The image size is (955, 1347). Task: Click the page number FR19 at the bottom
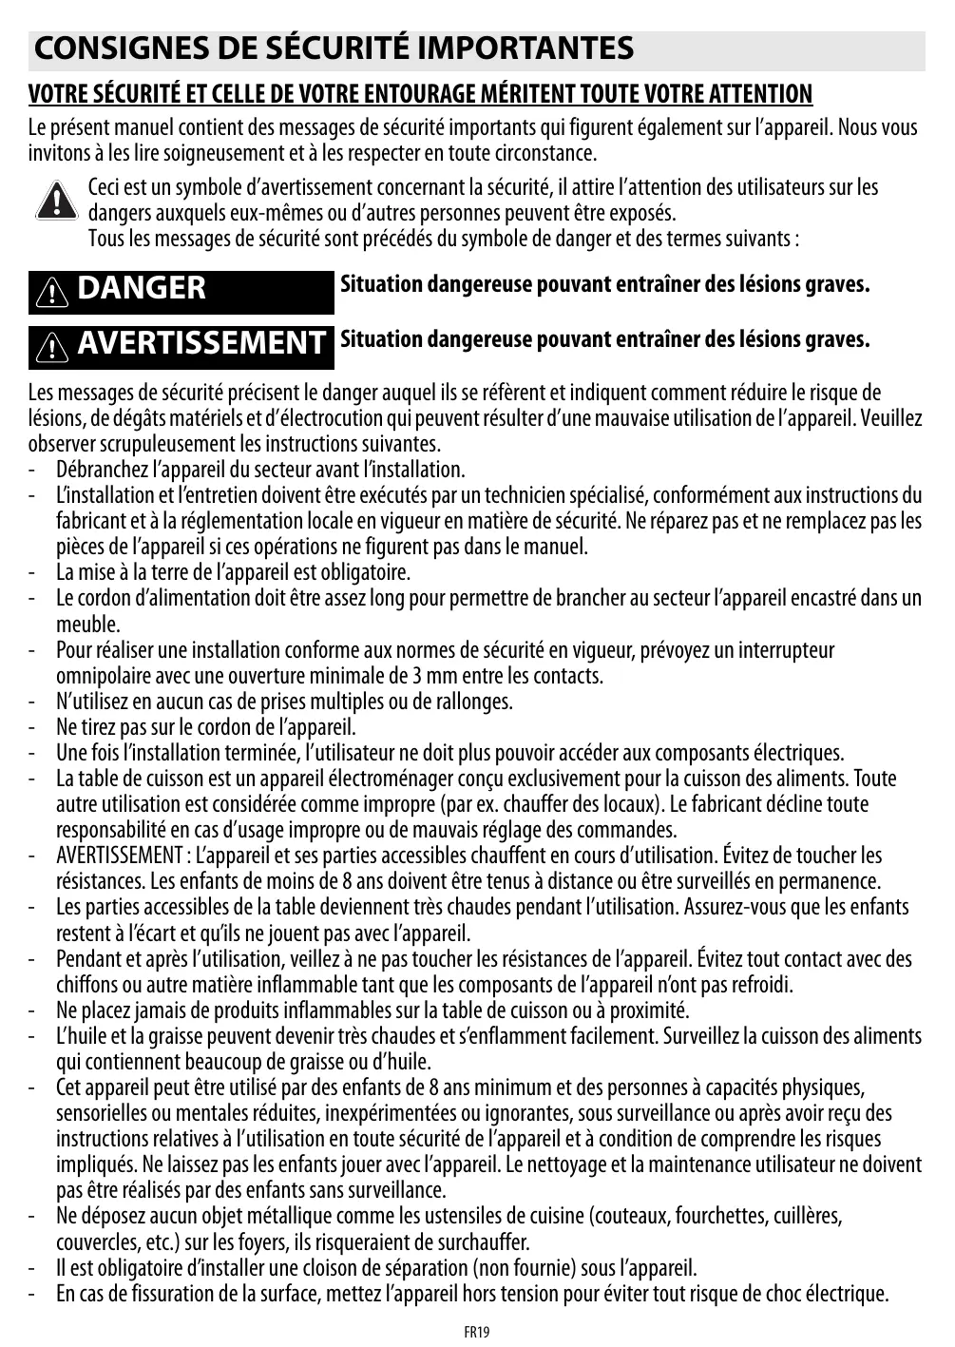(477, 1332)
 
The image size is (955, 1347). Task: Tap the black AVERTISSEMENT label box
(181, 343)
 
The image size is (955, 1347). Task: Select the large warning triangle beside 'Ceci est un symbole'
(57, 200)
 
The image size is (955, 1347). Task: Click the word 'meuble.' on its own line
(88, 625)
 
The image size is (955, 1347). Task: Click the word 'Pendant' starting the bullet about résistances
(86, 958)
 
